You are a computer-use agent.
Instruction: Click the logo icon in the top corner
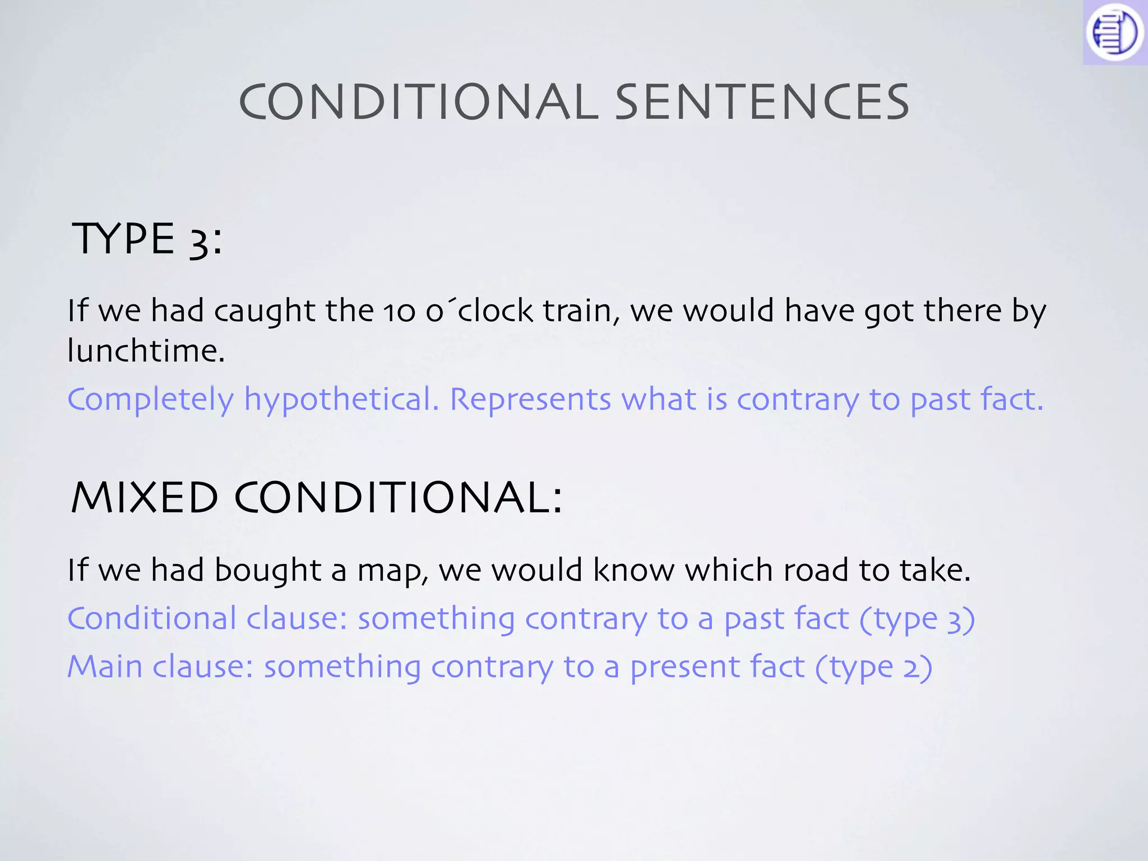pos(1114,32)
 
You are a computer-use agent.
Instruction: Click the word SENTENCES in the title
pos(762,102)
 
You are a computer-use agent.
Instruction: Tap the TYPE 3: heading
pos(147,239)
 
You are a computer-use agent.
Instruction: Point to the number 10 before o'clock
pos(399,312)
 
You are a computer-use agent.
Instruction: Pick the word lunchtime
pos(146,351)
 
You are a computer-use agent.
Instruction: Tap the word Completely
pos(150,400)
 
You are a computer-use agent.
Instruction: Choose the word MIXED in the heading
pos(145,498)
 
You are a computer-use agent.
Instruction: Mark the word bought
pos(267,571)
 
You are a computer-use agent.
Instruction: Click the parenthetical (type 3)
pos(917,620)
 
